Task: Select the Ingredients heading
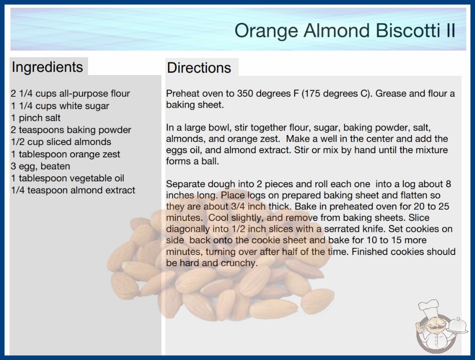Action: pos(47,67)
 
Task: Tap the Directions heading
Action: pos(199,68)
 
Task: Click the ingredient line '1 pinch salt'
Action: pos(36,118)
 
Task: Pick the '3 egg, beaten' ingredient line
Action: pos(40,166)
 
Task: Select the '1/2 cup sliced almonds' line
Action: pos(61,142)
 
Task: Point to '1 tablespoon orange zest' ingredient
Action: pos(65,154)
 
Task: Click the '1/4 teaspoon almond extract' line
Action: pos(73,190)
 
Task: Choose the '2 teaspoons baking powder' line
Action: pos(71,130)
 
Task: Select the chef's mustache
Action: pos(434,328)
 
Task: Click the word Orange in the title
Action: pos(266,31)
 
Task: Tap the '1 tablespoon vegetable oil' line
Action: pos(68,178)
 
